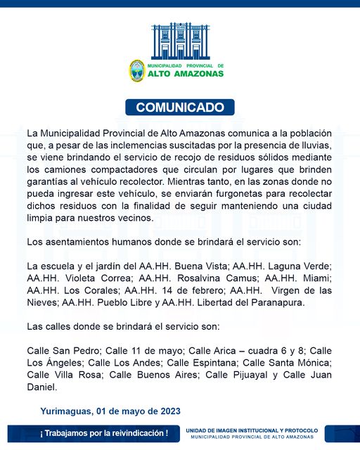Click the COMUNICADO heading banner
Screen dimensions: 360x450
pyautogui.click(x=180, y=108)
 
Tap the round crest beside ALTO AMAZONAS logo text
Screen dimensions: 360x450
pyautogui.click(x=136, y=70)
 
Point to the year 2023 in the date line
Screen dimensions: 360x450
pyautogui.click(x=168, y=411)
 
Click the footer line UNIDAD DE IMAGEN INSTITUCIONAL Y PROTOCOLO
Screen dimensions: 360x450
pyautogui.click(x=252, y=430)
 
